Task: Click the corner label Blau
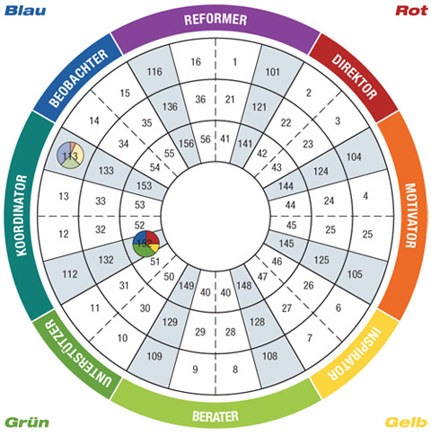[x=25, y=11]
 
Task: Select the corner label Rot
[x=412, y=11]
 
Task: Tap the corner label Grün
[x=27, y=423]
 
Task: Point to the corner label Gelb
[x=406, y=423]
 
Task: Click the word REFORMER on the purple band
[x=215, y=20]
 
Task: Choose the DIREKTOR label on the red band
[x=354, y=76]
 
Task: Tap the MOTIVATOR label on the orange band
[x=410, y=216]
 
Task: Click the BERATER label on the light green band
[x=215, y=416]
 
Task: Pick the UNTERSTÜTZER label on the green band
[x=79, y=353]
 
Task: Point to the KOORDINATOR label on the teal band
[x=22, y=216]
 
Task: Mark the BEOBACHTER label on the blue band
[x=78, y=78]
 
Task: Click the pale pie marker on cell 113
[x=70, y=155]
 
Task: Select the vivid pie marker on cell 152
[x=146, y=244]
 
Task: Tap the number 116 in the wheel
[x=154, y=72]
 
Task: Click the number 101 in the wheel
[x=272, y=72]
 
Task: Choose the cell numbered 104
[x=354, y=156]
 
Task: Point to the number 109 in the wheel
[x=154, y=356]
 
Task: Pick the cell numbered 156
[x=186, y=144]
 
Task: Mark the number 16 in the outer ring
[x=196, y=62]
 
